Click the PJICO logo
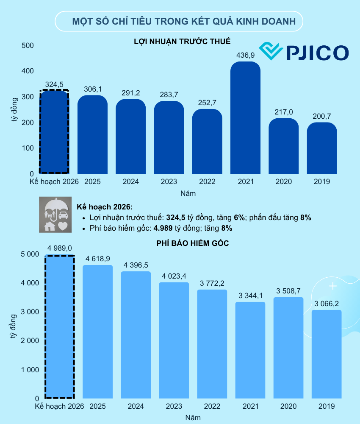(304, 52)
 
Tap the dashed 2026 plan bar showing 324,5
(54, 131)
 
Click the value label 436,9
(245, 55)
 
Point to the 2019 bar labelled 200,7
(322, 148)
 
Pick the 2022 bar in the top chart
(207, 142)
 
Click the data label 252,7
(207, 103)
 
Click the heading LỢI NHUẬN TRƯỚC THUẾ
(182, 42)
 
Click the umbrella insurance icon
(56, 214)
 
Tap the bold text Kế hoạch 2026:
(105, 207)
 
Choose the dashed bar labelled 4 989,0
(60, 326)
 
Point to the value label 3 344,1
(250, 296)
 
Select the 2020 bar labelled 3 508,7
(288, 348)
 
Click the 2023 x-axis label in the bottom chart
(174, 407)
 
